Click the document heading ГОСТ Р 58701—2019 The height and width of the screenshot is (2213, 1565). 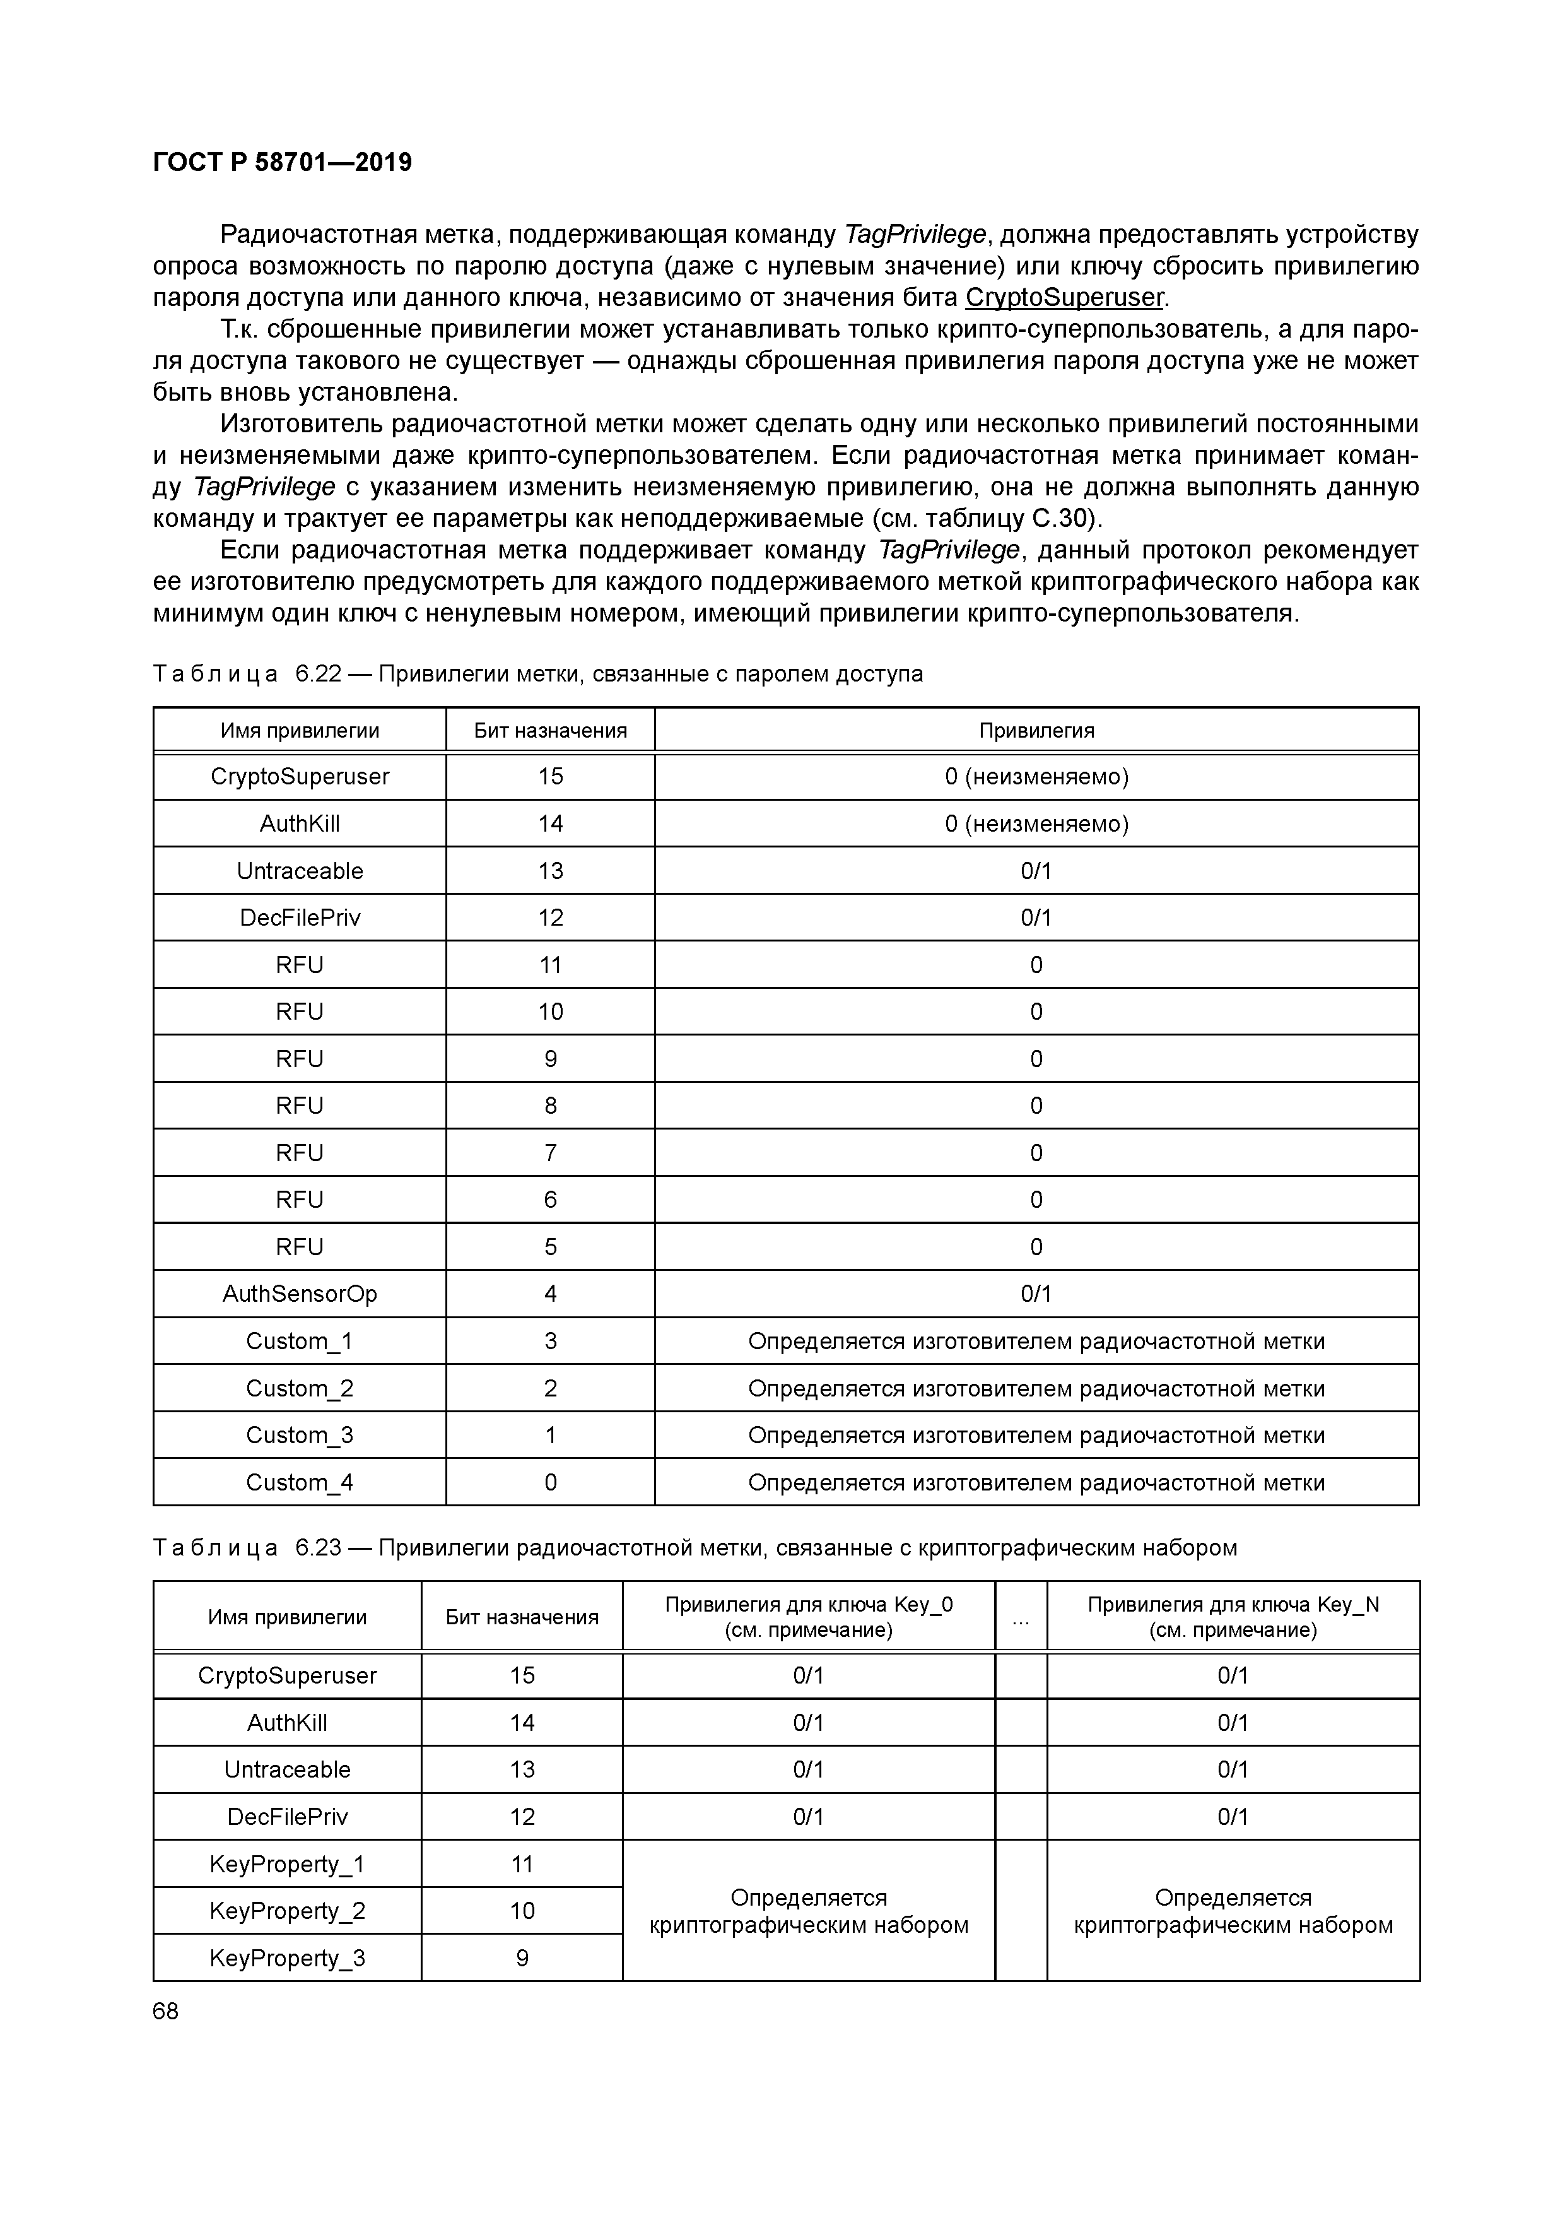click(283, 162)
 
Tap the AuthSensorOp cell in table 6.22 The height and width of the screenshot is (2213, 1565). click(300, 1294)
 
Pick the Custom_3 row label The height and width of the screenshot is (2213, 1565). click(300, 1435)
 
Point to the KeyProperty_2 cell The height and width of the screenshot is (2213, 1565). click(287, 1910)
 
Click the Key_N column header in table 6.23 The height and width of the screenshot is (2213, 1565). click(1233, 1617)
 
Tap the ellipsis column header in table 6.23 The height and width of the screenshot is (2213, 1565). click(1021, 1617)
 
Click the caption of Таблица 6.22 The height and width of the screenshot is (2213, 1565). click(537, 674)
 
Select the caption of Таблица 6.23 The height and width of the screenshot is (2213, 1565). click(694, 1548)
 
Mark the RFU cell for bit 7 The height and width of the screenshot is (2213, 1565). click(300, 1153)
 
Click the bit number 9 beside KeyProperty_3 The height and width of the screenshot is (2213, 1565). click(522, 1957)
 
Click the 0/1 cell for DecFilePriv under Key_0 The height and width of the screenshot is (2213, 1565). click(809, 1817)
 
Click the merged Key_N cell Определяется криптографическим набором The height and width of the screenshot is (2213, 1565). click(1233, 1910)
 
